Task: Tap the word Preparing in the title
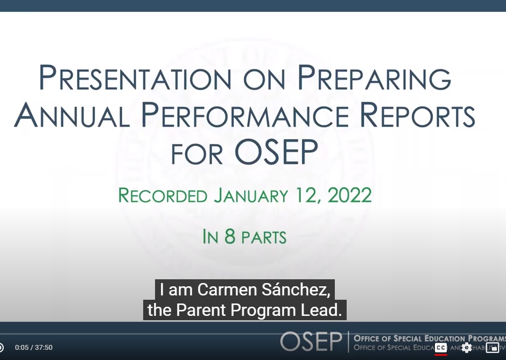(374, 78)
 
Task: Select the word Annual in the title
(72, 116)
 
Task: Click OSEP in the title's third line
(276, 152)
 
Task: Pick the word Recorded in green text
(163, 195)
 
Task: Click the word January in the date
(251, 195)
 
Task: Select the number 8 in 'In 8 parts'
(230, 237)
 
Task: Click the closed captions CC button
(441, 348)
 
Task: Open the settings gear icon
(466, 348)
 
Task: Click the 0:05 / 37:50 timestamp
(34, 348)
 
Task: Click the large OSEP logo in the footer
(311, 341)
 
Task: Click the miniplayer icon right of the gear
(492, 348)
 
